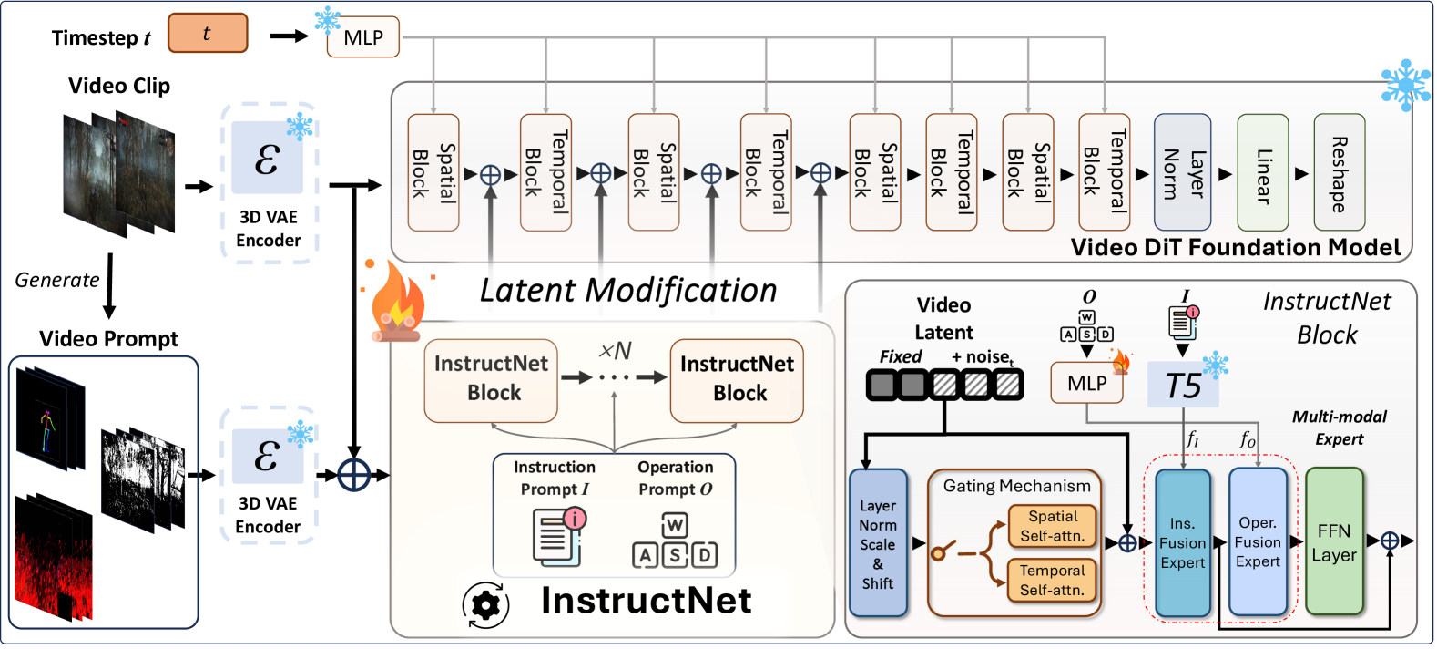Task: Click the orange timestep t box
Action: [208, 34]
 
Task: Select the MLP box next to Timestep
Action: [363, 38]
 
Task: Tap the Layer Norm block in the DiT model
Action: [1182, 172]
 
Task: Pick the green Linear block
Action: [1262, 172]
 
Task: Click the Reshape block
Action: [1339, 172]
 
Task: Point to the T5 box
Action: [1183, 386]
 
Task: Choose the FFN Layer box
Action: [1334, 542]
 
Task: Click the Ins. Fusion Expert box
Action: [1182, 543]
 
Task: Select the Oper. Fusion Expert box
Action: [1258, 542]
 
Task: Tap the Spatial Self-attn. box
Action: [1052, 526]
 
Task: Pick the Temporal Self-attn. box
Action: [1052, 581]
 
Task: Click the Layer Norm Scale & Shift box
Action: [878, 544]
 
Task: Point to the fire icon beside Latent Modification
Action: [397, 304]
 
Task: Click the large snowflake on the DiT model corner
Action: [1405, 85]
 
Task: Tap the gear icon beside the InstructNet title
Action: [485, 604]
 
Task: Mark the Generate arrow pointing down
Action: [109, 284]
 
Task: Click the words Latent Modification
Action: [628, 291]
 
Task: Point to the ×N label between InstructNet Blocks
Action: [615, 351]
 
